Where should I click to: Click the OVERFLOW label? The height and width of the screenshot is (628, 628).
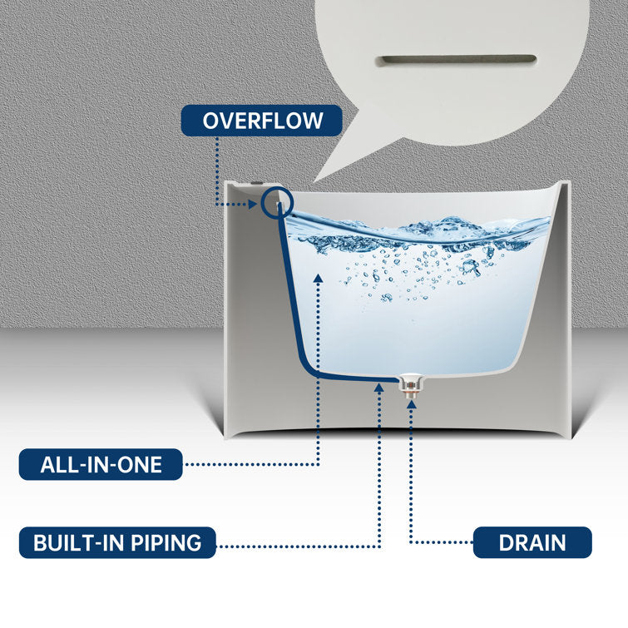coord(261,121)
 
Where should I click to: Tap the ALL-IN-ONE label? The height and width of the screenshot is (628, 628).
coord(101,465)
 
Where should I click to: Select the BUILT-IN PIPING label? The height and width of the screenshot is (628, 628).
coord(117,542)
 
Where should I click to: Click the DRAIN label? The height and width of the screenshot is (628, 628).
coord(532,542)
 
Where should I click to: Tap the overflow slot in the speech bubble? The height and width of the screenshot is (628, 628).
coord(456,60)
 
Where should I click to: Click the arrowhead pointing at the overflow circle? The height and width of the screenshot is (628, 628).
coord(252,205)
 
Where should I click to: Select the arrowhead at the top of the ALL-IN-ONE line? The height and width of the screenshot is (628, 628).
coord(319,278)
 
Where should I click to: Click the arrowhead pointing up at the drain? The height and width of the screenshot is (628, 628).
coord(412,404)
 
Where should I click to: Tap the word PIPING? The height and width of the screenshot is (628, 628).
coord(166,543)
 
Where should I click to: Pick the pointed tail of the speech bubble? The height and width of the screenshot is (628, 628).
coord(314,182)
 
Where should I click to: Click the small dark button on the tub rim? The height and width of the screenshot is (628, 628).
coord(256,184)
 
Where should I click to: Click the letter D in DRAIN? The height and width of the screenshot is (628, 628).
coord(507,543)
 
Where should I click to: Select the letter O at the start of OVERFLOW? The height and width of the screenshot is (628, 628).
coord(210,121)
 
